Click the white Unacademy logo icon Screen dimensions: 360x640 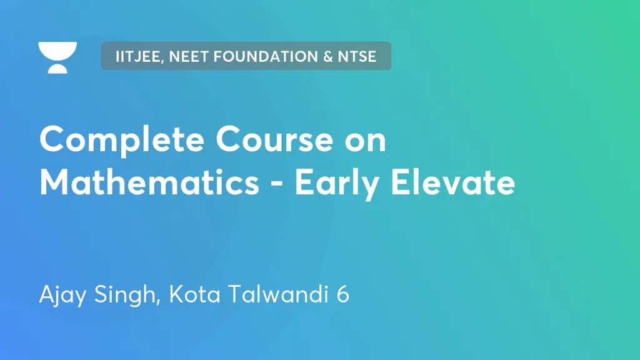click(x=57, y=57)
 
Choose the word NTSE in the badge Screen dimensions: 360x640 click(x=357, y=57)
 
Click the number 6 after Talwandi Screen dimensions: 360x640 click(x=342, y=294)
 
